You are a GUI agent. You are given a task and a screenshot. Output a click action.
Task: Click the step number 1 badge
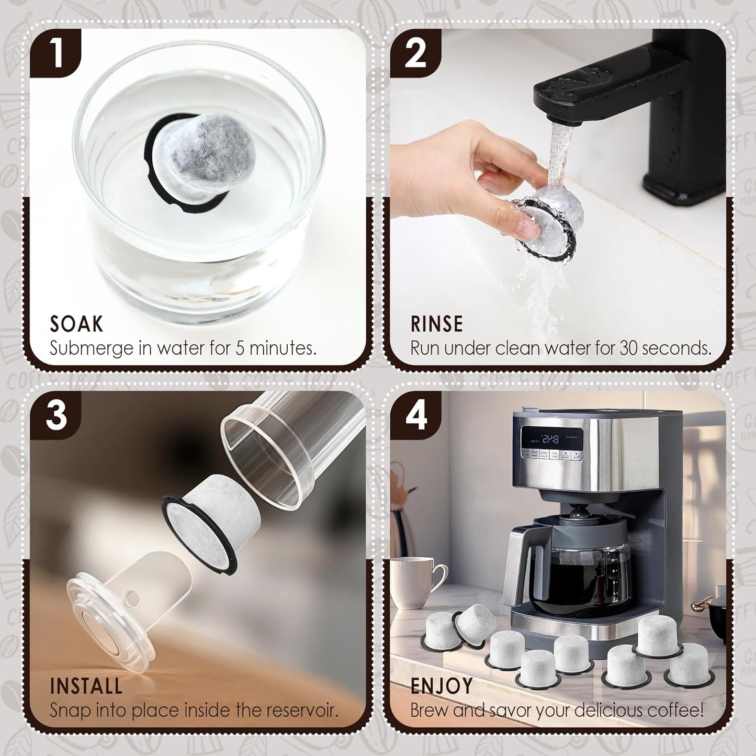click(x=55, y=54)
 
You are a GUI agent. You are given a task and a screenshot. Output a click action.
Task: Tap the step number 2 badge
click(x=415, y=54)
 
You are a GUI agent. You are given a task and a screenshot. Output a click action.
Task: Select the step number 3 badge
click(x=55, y=416)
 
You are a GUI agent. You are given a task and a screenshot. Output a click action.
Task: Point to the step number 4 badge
click(x=415, y=416)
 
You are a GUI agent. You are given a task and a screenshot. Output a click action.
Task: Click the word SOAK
click(x=76, y=324)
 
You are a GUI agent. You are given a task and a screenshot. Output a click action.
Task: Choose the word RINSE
click(x=436, y=324)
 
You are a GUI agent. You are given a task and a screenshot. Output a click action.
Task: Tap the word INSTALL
click(x=86, y=686)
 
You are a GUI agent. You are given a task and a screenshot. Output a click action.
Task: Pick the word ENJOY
click(x=442, y=686)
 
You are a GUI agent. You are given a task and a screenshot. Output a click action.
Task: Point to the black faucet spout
click(x=576, y=94)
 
